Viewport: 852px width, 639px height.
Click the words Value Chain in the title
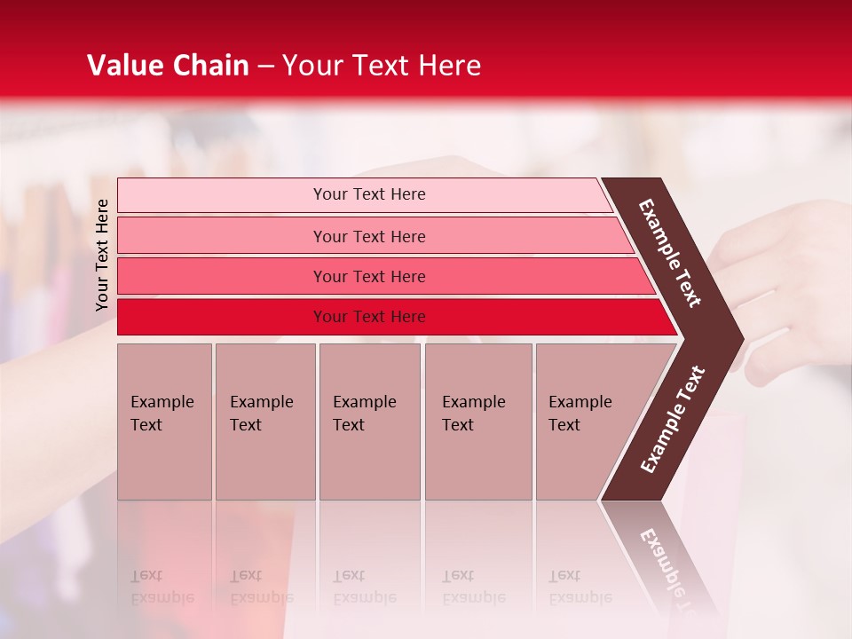168,66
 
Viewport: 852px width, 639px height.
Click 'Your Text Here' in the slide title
382,66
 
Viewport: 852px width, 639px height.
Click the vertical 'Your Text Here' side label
102,255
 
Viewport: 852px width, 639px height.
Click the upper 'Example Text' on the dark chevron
670,253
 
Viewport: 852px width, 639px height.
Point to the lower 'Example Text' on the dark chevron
673,420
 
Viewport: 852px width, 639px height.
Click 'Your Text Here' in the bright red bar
369,317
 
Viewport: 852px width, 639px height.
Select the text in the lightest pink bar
369,194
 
